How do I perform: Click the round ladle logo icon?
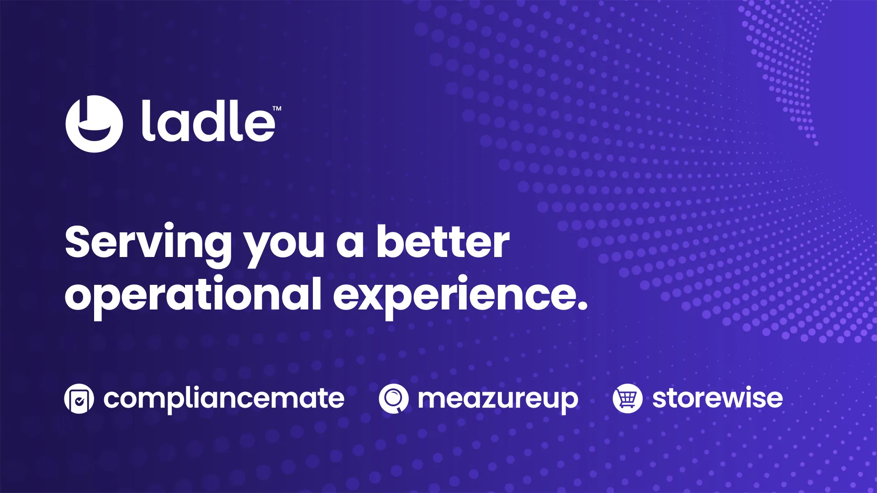[94, 124]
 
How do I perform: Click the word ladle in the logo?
[208, 121]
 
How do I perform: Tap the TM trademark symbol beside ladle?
[277, 109]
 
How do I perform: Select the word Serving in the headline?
[148, 245]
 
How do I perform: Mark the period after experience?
[582, 305]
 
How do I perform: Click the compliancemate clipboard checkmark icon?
[79, 399]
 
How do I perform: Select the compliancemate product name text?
[224, 399]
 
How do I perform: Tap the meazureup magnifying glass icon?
[393, 399]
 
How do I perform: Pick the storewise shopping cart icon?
[628, 399]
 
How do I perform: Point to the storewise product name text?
[718, 398]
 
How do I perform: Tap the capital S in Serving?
[80, 241]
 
